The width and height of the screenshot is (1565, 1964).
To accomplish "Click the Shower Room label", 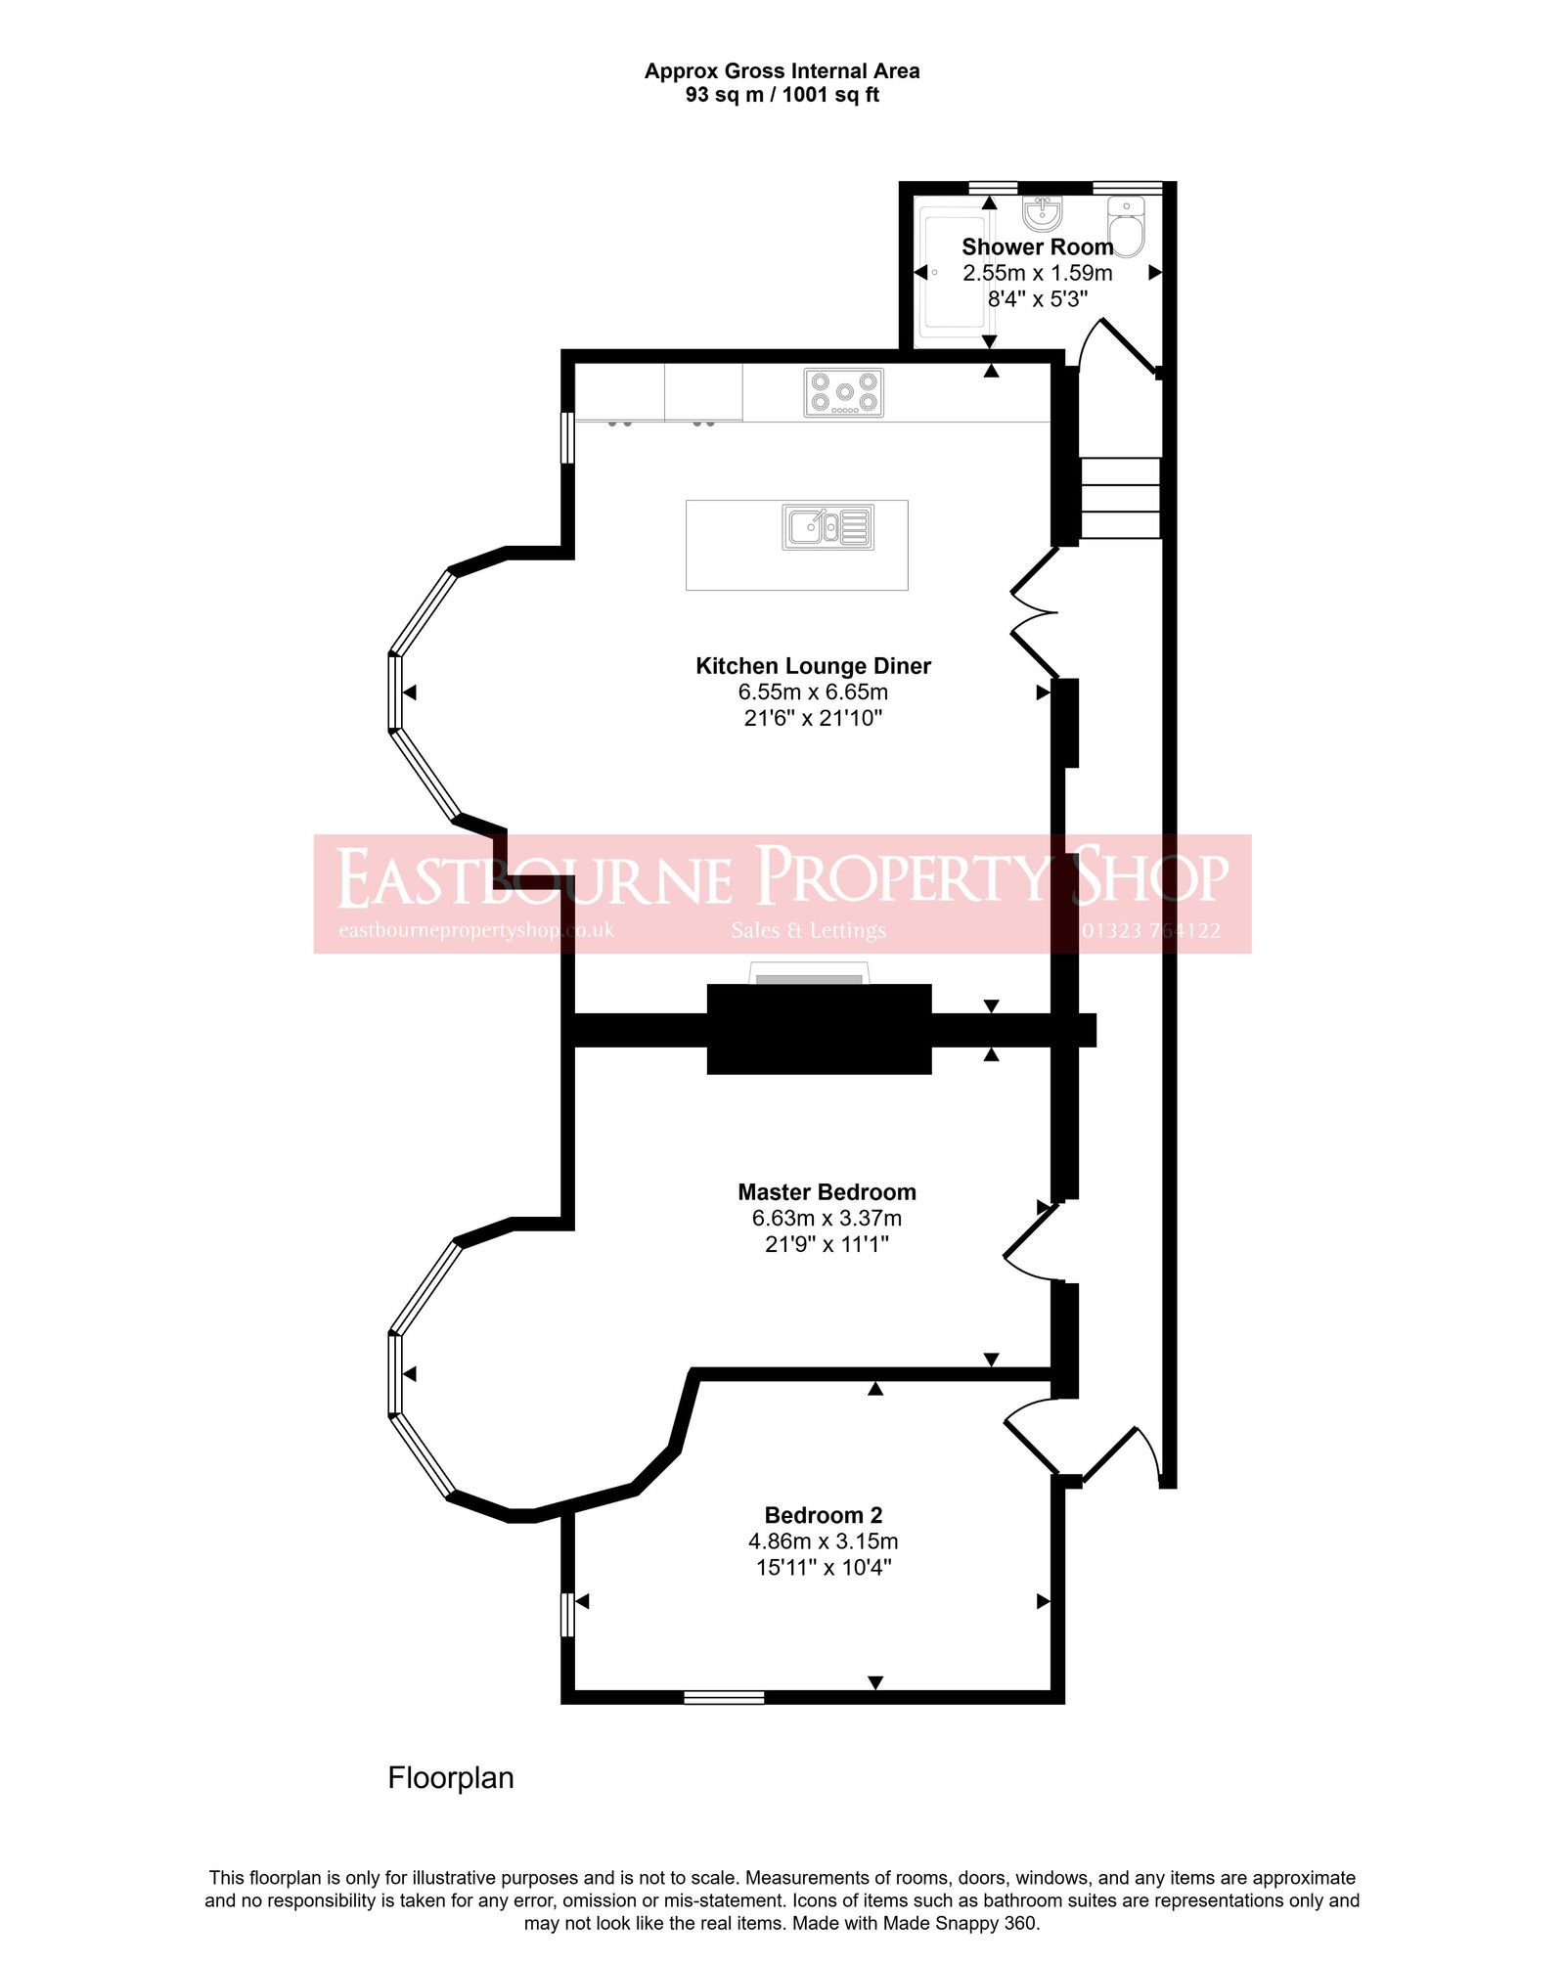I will click(1037, 247).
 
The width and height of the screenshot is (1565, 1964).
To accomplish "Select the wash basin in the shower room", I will click(1043, 212).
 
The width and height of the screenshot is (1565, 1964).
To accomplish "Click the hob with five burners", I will click(843, 392).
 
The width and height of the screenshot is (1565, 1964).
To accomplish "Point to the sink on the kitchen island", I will click(827, 527).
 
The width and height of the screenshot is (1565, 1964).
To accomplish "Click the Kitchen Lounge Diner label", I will click(813, 666).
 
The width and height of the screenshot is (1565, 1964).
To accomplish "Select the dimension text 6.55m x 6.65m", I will click(813, 692).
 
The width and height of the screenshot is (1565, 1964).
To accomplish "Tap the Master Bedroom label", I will click(827, 1192).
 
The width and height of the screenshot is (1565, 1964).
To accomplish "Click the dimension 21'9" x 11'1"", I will click(827, 1244).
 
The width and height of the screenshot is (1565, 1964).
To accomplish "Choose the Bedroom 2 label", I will click(823, 1515).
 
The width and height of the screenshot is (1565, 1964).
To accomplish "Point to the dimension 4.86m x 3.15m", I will click(823, 1541).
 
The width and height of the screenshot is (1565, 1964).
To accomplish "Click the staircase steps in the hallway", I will click(1120, 498).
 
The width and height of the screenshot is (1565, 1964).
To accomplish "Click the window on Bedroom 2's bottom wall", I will click(724, 1697).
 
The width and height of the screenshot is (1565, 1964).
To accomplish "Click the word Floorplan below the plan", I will click(451, 1777).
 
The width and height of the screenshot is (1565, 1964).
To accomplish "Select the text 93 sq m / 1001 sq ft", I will click(782, 95).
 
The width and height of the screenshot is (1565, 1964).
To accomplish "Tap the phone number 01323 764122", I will click(1150, 931).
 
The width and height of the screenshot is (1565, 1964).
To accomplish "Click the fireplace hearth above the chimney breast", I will click(809, 975).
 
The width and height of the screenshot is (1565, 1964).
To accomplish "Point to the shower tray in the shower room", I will click(951, 272).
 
